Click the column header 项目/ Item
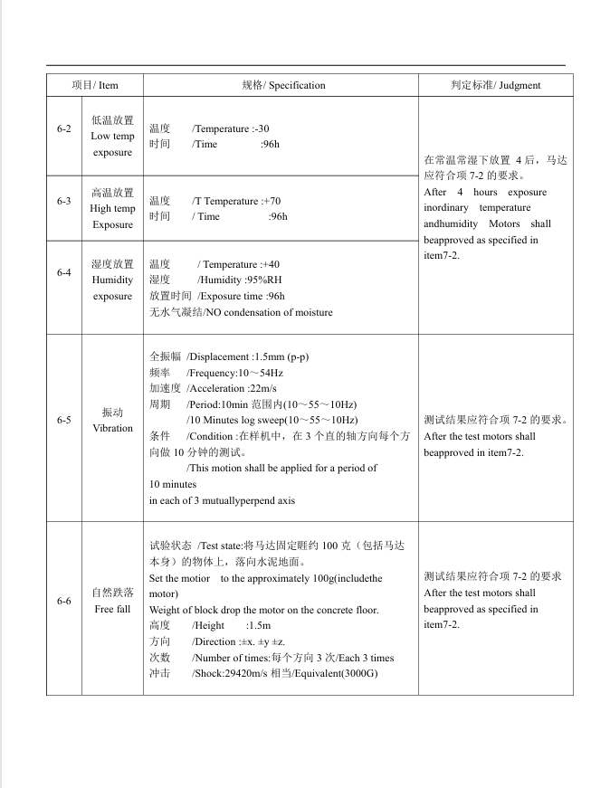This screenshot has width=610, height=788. tap(95, 85)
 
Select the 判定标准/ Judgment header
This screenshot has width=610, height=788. tap(495, 85)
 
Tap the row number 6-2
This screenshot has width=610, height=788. tap(63, 128)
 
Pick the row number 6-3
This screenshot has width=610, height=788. tap(63, 201)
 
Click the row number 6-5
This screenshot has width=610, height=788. tap(63, 420)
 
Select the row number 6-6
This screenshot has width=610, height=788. tap(63, 601)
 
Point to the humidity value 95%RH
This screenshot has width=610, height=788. tap(263, 280)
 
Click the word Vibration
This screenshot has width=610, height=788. tap(112, 428)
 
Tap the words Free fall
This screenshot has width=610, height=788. tap(112, 609)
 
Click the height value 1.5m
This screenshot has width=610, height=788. tap(259, 625)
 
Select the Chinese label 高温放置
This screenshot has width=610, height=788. tap(112, 193)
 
